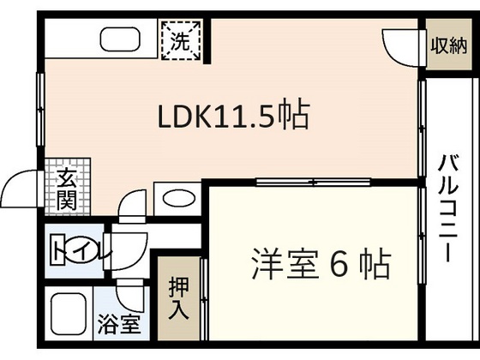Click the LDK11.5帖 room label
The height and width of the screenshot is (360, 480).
[233, 114]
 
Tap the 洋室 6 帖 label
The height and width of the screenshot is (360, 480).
[321, 265]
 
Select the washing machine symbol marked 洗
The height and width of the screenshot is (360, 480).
[181, 40]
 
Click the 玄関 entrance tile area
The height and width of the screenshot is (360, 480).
[68, 187]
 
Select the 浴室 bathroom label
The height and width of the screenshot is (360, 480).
[119, 325]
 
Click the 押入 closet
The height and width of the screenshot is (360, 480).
[179, 298]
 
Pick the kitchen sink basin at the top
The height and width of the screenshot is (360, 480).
[120, 39]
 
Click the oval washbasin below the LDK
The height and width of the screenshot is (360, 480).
[179, 199]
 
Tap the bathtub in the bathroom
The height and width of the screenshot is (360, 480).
[68, 314]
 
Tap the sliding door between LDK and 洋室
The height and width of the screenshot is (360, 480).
[313, 183]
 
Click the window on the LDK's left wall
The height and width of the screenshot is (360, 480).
[41, 110]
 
